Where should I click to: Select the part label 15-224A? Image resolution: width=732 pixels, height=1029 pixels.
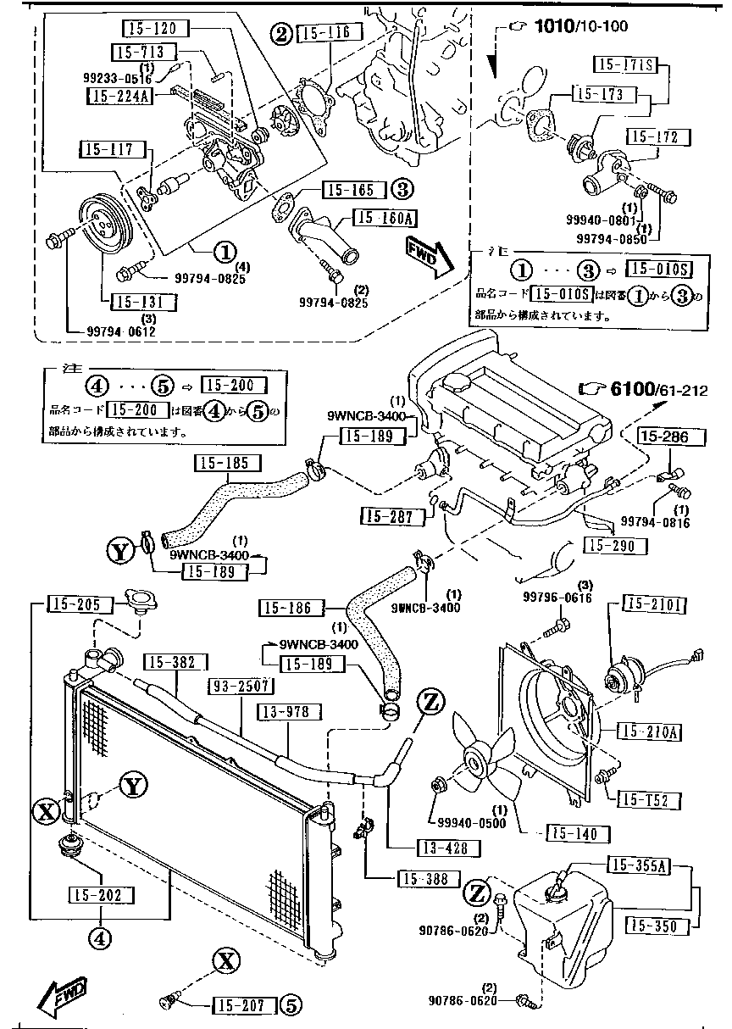(x=119, y=95)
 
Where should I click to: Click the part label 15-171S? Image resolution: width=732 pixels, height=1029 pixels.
(x=626, y=64)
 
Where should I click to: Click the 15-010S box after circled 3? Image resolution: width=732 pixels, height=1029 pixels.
(x=658, y=270)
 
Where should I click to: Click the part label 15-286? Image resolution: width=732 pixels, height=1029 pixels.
(x=671, y=437)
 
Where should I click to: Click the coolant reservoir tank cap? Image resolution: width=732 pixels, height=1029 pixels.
(x=557, y=892)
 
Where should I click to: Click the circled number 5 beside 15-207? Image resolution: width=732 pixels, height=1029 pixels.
(x=290, y=1006)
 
